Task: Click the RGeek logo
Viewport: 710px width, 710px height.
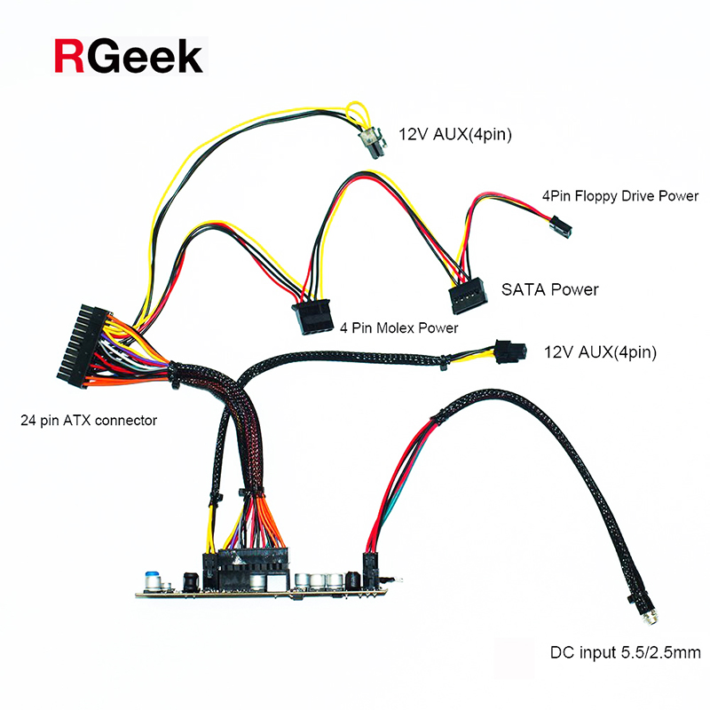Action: pyautogui.click(x=129, y=56)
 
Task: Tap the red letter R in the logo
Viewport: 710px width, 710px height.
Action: pyautogui.click(x=69, y=56)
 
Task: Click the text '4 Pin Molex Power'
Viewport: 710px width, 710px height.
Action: pyautogui.click(x=399, y=328)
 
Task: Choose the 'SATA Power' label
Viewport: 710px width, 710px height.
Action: pyautogui.click(x=550, y=289)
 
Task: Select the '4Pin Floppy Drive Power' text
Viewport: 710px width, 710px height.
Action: pyautogui.click(x=620, y=195)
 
